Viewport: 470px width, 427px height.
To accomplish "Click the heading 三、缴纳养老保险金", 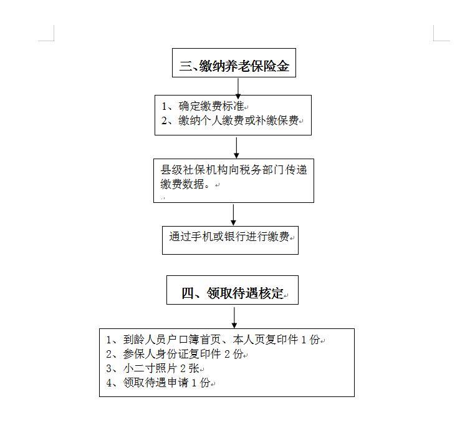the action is (234, 66).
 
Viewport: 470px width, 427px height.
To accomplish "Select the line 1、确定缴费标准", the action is (203, 106).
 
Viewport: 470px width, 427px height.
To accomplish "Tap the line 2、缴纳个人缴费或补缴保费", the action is (230, 120).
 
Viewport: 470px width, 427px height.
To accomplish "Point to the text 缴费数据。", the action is (186, 184).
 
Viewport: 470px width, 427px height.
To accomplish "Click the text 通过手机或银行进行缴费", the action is (229, 237).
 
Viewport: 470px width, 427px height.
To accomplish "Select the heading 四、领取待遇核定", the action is (233, 293).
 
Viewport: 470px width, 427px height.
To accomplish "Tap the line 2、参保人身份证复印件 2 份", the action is (175, 354).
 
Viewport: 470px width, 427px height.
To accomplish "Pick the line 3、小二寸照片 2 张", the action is (153, 368).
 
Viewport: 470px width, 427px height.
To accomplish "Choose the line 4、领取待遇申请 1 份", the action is (158, 383).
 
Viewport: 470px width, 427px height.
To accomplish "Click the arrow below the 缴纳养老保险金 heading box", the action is (238, 89).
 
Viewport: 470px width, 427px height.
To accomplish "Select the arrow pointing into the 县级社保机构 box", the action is (236, 148).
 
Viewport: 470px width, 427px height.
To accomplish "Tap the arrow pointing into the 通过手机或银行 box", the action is (233, 215).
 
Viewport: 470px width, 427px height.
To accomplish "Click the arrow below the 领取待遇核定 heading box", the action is (234, 318).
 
